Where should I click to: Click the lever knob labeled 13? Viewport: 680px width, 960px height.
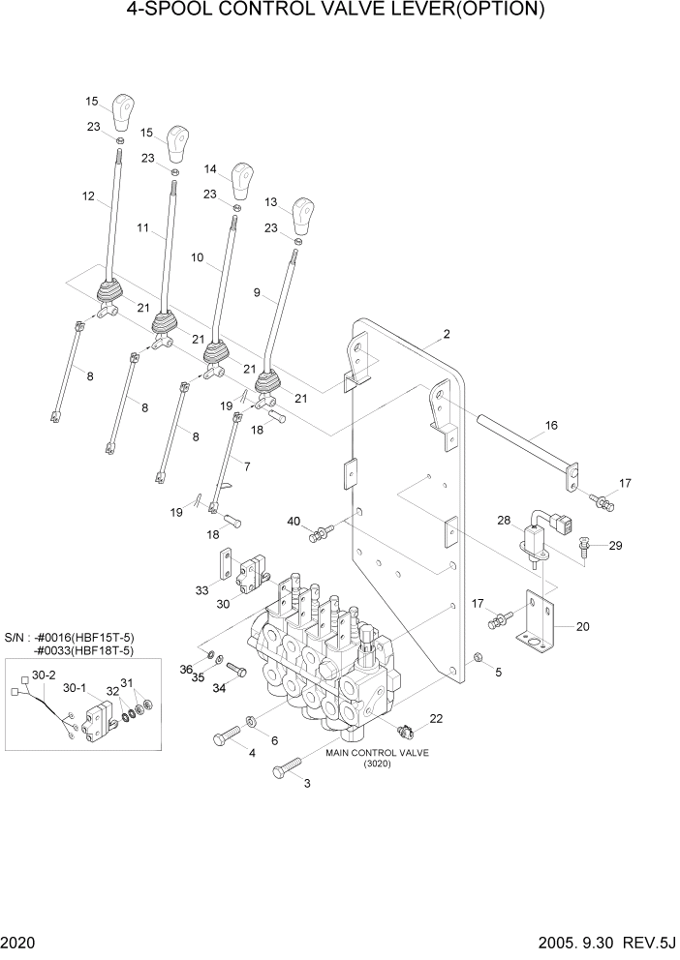point(304,212)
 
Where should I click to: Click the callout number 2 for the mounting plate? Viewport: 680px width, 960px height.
point(447,335)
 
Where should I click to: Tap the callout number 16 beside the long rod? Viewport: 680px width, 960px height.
point(551,425)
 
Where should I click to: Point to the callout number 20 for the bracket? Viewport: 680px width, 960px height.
point(582,626)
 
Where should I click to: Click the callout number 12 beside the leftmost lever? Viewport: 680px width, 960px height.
point(88,196)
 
